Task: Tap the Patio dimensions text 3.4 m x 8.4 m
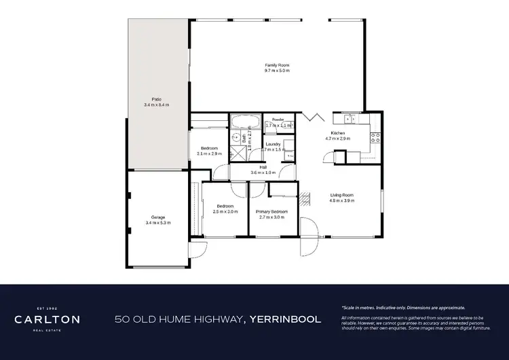point(156,105)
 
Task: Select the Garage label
point(157,217)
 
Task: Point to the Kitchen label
point(337,132)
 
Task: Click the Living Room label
point(341,195)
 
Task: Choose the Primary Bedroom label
point(271,212)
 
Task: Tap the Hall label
point(263,167)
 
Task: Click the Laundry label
point(273,144)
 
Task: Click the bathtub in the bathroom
point(243,123)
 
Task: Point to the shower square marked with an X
point(239,154)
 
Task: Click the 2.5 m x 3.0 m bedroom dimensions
point(225,212)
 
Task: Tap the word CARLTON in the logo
point(48,319)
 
